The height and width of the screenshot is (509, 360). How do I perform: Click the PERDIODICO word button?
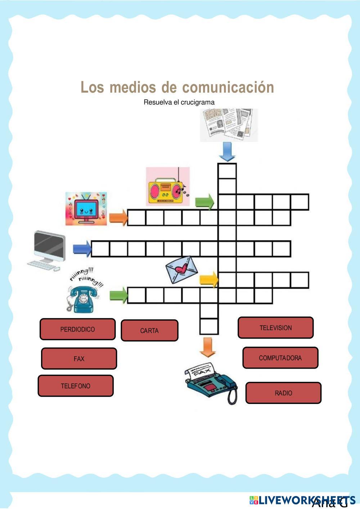click(77, 329)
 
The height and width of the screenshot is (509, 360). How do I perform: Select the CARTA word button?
click(149, 330)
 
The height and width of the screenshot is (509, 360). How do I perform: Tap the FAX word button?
click(79, 359)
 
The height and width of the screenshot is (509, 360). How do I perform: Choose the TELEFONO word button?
click(76, 386)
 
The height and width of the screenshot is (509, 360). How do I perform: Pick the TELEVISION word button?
click(275, 328)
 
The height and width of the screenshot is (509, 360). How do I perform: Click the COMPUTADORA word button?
click(280, 358)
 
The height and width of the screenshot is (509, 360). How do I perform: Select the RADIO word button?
click(283, 393)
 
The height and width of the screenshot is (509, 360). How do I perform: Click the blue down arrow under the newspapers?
click(227, 152)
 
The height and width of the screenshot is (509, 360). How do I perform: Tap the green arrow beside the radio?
click(204, 202)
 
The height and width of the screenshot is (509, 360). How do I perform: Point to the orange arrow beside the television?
click(118, 217)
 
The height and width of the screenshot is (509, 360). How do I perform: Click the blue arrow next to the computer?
click(82, 249)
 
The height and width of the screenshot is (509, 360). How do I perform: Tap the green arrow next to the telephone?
click(118, 295)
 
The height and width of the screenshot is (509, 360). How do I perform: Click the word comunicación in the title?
click(228, 87)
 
